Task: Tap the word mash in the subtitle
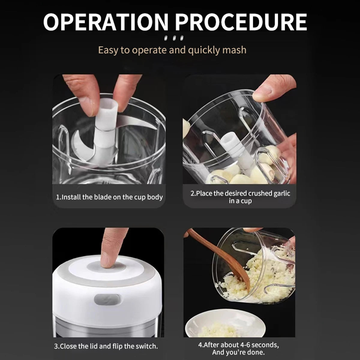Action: coord(234,50)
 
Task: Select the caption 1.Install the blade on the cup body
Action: coord(109,197)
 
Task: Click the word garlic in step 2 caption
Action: coord(282,193)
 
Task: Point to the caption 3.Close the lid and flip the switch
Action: coord(106,346)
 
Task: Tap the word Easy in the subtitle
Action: coord(108,50)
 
